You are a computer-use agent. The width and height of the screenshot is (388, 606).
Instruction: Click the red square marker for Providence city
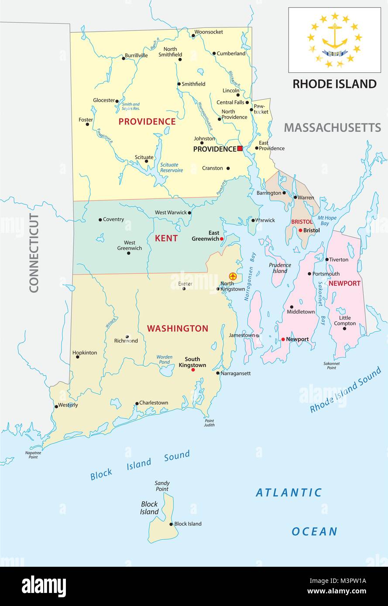coord(240,149)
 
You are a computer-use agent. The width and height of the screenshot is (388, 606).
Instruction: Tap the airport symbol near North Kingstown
coord(233,276)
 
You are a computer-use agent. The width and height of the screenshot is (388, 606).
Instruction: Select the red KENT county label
coord(166,238)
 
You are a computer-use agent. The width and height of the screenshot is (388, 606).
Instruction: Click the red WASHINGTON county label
coord(177,329)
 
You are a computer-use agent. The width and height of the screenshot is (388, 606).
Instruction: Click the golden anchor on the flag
coord(335,37)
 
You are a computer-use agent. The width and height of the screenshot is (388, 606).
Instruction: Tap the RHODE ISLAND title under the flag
coord(334,84)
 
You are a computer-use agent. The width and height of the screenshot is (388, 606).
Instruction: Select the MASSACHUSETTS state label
coord(333,127)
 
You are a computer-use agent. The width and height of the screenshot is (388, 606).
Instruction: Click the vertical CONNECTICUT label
coord(34,253)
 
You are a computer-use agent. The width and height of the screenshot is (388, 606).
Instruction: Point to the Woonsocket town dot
coord(193,36)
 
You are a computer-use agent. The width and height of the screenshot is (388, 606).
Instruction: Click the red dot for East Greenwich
coord(222,239)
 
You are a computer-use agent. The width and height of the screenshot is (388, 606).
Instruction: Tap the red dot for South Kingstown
coord(193,370)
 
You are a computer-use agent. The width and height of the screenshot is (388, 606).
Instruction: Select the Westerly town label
coord(68,405)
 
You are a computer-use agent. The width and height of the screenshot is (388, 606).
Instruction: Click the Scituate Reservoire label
coord(172,167)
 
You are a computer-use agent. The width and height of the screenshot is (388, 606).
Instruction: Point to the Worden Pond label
coord(164,359)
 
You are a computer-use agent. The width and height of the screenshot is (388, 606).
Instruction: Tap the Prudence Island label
coord(280,268)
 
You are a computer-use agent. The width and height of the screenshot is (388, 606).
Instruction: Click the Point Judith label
coord(209,422)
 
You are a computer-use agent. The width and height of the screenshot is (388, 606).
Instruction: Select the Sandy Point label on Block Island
coord(162,486)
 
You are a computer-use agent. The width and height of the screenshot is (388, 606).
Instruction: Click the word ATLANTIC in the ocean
coord(289,493)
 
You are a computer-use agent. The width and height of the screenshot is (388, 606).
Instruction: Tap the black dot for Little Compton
coord(344,328)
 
